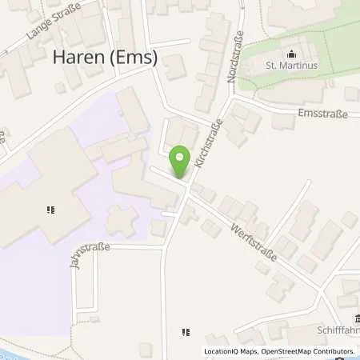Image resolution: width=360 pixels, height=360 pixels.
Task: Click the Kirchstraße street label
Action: [x=210, y=143]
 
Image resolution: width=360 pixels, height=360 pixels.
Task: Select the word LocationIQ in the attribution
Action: [x=222, y=351]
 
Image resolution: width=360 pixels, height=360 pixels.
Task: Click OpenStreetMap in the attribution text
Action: [x=278, y=351]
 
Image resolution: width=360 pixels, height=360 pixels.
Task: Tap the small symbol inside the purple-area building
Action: [x=50, y=210]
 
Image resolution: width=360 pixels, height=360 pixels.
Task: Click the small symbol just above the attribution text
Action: [x=186, y=330]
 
